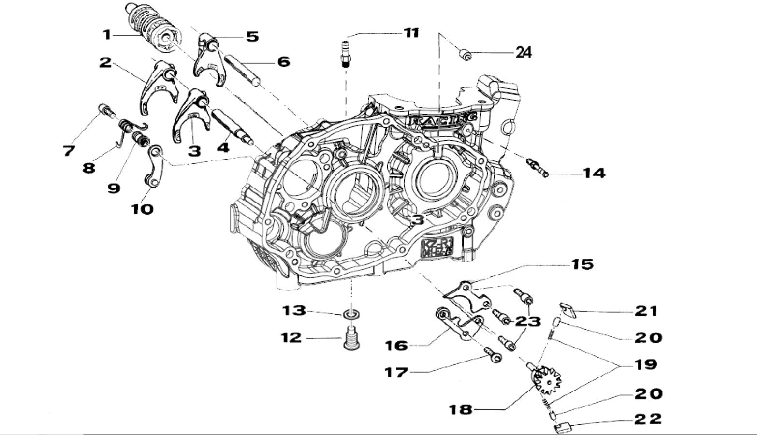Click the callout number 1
point(107,35)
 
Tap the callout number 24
point(523,53)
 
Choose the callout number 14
point(594,173)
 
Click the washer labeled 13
point(352,315)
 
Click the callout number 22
point(648,419)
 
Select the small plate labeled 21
point(568,309)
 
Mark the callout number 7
point(69,151)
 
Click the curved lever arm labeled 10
point(156,165)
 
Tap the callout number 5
point(252,37)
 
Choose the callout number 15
point(582,264)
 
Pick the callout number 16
point(396,346)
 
